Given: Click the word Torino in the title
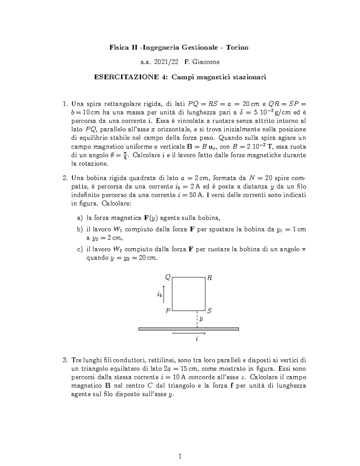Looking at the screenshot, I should (x=237, y=47).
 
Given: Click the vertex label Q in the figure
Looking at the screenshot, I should (x=168, y=278).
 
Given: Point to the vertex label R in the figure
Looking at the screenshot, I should (x=210, y=278).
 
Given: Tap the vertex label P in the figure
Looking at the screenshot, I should (x=168, y=311).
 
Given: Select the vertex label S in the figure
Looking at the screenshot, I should (x=209, y=311).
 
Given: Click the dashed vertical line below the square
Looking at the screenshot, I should (x=197, y=319).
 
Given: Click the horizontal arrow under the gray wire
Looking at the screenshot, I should (x=188, y=333).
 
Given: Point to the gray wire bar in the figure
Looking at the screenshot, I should (x=188, y=329).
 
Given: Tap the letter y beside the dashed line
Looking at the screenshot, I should (x=201, y=319).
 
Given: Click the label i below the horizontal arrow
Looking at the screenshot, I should (x=197, y=339).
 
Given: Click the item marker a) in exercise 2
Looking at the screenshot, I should (x=79, y=218).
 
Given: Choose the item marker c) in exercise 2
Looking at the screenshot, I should (x=79, y=249).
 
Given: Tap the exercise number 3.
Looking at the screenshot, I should (x=65, y=360).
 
